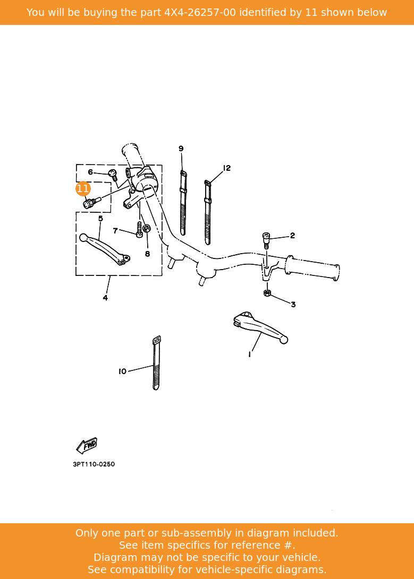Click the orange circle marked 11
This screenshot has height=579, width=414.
coord(83,188)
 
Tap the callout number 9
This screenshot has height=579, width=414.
coord(181,149)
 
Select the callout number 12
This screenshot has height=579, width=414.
coord(227,168)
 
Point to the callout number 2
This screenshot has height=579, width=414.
coord(292,236)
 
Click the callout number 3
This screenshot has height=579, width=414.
coord(293,305)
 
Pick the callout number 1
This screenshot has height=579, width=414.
coord(249,354)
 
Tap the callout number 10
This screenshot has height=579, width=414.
coord(122,371)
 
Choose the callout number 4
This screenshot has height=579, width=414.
coord(105,298)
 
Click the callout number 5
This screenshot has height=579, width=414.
coord(100,218)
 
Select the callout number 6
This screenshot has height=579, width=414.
coord(90,172)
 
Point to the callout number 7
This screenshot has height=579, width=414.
coord(115,231)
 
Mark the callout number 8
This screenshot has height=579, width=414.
coord(147,254)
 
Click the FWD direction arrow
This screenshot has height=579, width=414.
coord(87,445)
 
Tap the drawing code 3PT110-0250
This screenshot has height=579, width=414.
coord(94,464)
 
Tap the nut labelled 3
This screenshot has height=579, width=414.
coord(267,293)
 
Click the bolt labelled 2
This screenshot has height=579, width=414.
coord(267,239)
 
